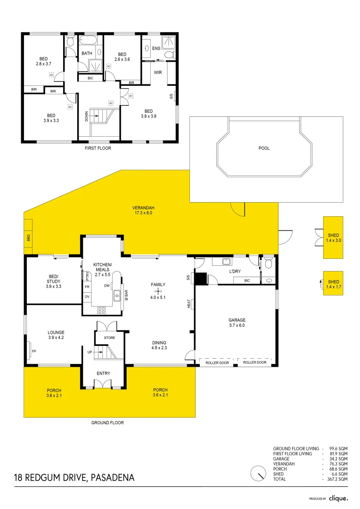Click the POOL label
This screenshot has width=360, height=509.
click(264, 148)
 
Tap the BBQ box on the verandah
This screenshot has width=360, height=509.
click(28, 238)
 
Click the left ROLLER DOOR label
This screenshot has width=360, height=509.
click(217, 362)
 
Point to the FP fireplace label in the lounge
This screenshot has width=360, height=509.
click(33, 351)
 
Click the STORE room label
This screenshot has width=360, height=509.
click(109, 337)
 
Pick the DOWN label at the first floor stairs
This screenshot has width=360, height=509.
click(87, 116)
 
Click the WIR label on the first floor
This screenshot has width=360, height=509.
click(158, 72)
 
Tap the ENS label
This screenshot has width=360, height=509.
click(156, 49)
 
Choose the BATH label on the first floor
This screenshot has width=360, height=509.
click(87, 53)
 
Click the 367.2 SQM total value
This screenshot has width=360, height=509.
click(338, 479)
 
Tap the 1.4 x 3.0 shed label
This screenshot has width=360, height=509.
click(333, 240)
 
